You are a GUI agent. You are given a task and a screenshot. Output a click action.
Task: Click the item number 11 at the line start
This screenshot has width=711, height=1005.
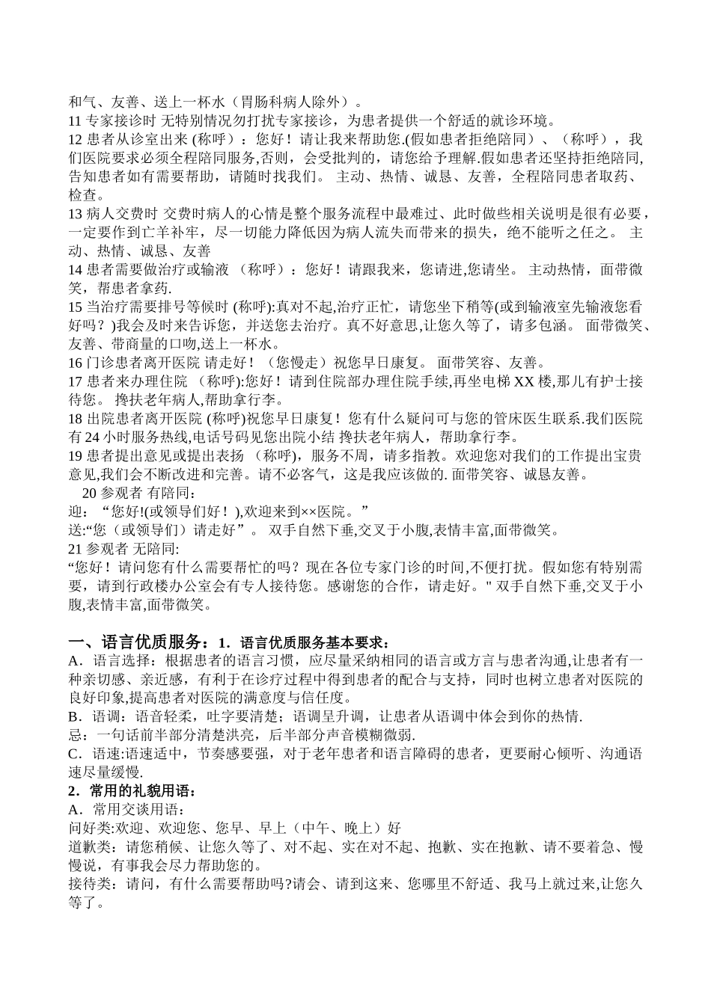(x=75, y=120)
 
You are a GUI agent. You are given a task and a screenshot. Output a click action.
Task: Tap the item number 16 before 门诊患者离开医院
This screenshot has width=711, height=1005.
(x=75, y=363)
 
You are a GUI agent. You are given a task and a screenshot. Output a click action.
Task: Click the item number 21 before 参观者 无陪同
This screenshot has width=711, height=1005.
(x=75, y=549)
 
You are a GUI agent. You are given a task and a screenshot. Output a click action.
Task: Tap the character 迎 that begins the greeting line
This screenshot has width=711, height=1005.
(x=74, y=511)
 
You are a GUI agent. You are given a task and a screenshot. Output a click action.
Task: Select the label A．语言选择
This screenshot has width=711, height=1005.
(x=111, y=661)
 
